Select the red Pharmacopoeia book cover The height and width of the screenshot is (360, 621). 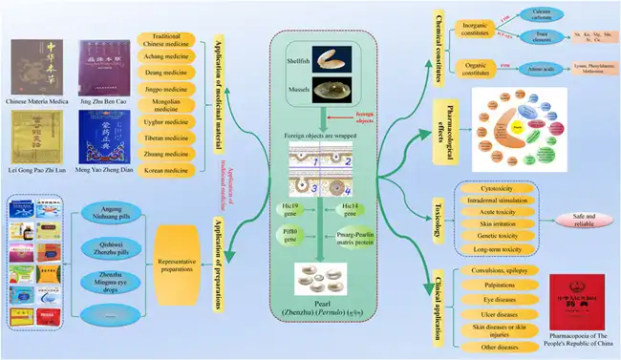[x=583, y=302]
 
